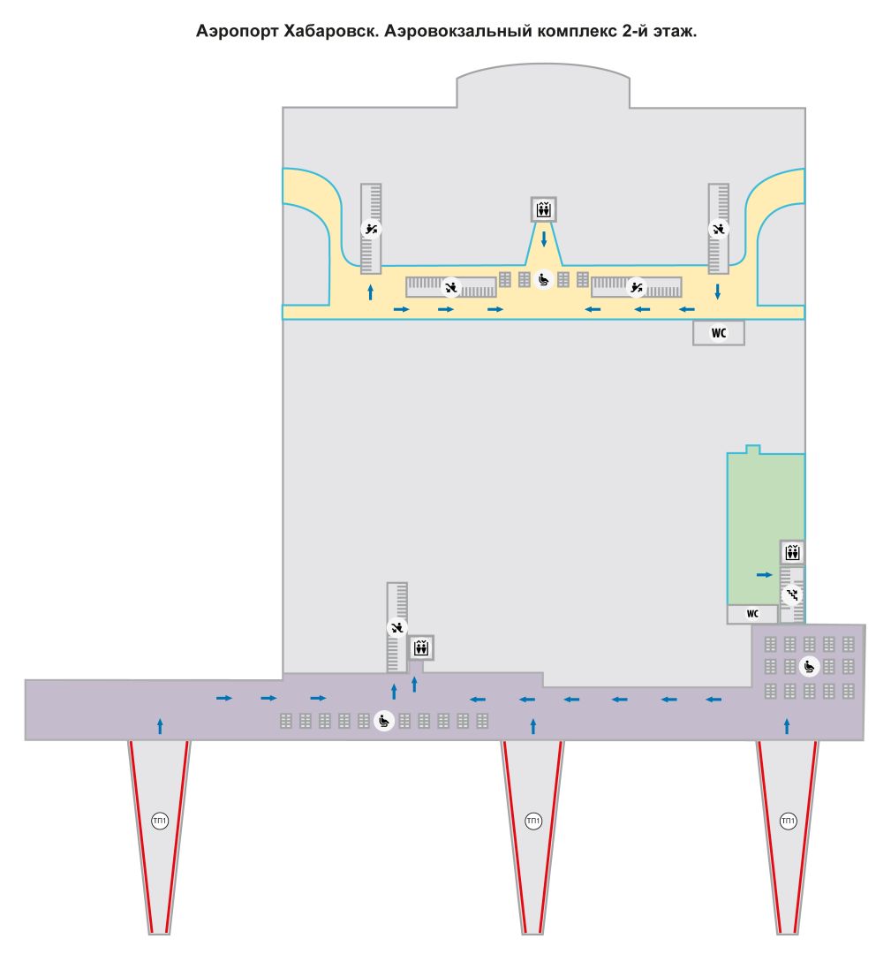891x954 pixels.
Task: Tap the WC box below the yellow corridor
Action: point(718,333)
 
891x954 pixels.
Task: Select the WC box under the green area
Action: point(752,614)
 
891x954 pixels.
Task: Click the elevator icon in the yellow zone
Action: point(543,210)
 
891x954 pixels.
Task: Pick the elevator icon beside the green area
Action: point(792,552)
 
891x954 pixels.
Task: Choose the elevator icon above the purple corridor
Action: point(420,648)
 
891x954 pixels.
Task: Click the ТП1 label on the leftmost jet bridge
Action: point(159,821)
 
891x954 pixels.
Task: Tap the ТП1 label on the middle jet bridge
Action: point(532,821)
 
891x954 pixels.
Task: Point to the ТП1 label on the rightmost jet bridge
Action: point(788,821)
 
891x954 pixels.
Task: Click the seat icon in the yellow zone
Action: point(543,279)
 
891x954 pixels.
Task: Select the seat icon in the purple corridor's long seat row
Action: point(384,722)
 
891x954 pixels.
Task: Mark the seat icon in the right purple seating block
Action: point(809,666)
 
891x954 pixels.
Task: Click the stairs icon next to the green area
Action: point(792,594)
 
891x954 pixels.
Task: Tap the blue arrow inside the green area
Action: point(764,574)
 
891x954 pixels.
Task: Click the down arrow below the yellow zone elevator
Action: point(544,238)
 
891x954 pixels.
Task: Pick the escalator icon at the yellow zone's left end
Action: point(371,229)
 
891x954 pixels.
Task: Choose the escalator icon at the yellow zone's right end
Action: point(718,229)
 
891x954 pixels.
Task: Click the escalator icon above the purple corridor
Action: point(396,626)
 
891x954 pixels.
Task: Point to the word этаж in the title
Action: point(674,31)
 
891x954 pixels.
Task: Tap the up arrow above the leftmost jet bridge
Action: point(160,726)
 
